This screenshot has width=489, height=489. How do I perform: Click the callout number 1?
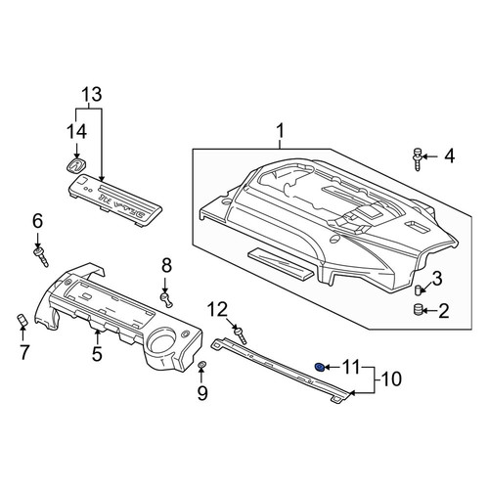pos(280,131)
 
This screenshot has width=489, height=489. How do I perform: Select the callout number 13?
pos(92,94)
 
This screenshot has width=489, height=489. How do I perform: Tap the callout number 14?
pos(77,132)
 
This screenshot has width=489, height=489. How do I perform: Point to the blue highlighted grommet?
pos(320,368)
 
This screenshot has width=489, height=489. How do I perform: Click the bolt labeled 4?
pos(418,159)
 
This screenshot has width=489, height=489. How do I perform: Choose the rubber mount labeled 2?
pos(418,309)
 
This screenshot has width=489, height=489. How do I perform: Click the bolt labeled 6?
pos(41,256)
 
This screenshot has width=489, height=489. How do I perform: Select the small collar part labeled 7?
pos(22,320)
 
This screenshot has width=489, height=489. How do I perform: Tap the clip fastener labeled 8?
pos(166,299)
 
